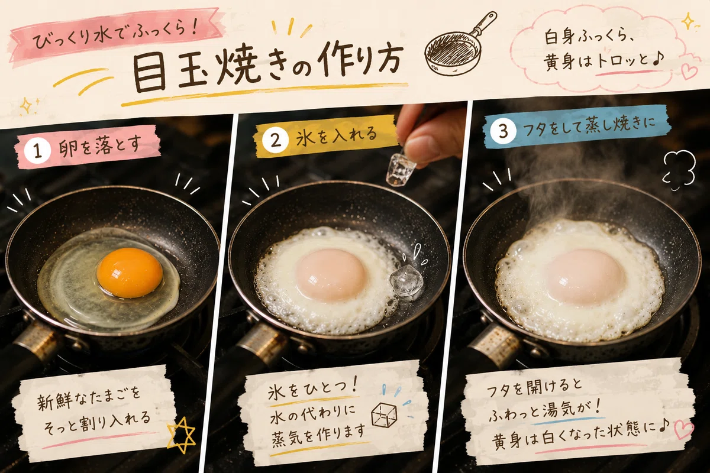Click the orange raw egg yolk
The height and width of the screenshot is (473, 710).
pos(130,273)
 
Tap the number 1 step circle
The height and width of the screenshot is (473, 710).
pos(37,151)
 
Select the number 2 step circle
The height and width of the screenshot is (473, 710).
pos(276,140)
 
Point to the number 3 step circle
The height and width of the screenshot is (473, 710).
pos(504,131)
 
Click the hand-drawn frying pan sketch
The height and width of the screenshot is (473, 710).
pos(459,44)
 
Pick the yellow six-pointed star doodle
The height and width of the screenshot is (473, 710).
pos(181,434)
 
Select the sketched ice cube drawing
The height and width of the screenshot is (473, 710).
pos(385,415)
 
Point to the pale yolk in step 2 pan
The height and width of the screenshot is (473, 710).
pos(331,274)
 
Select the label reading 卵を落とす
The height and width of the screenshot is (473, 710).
pos(99,147)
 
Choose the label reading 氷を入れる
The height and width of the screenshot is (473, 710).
pos(336,135)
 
